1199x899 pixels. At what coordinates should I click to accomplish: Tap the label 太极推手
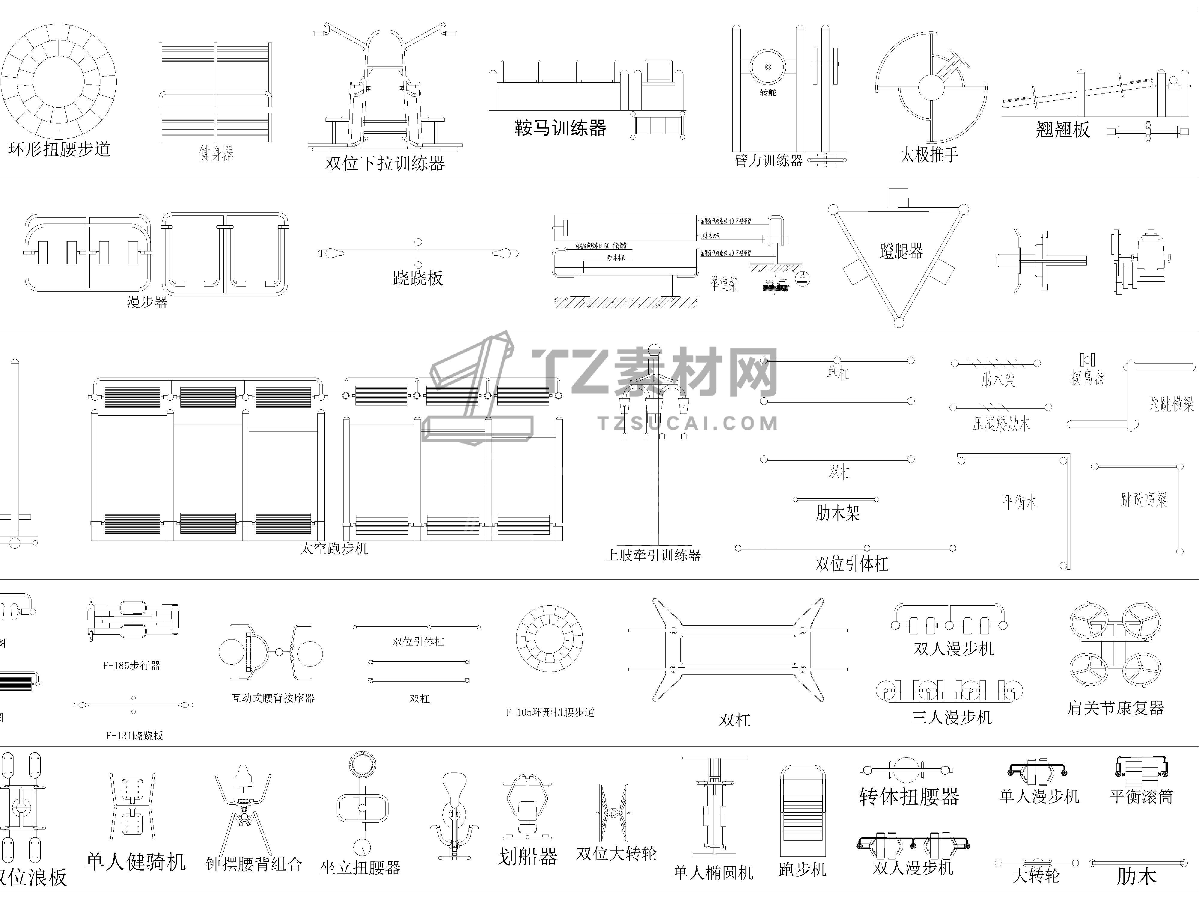(929, 154)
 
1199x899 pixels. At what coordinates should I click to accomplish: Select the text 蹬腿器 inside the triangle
(901, 251)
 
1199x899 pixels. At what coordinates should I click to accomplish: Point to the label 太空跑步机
(334, 548)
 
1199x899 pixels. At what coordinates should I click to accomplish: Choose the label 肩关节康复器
(1116, 708)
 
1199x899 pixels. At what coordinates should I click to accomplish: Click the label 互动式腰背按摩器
(273, 698)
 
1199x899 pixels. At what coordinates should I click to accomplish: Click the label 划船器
(527, 857)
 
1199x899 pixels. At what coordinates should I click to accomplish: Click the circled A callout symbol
(802, 278)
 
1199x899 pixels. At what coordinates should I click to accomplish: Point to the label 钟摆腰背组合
(254, 863)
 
